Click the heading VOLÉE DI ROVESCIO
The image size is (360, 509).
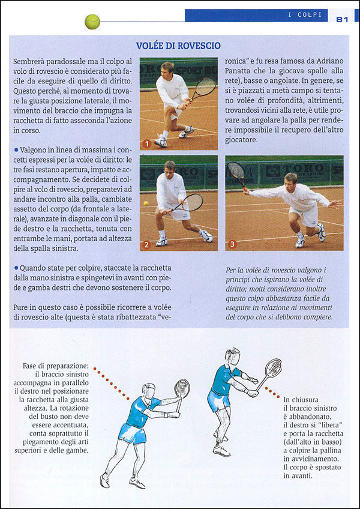(178, 46)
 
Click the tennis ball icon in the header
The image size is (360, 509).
(92, 22)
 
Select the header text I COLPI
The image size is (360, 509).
(305, 15)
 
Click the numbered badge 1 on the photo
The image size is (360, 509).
(146, 143)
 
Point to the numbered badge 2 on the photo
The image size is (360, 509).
(146, 244)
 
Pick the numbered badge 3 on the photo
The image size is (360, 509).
(233, 244)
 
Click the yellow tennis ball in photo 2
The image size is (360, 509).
(146, 203)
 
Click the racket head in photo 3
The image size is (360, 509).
(236, 172)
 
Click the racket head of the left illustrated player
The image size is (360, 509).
(182, 388)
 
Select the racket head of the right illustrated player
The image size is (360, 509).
(273, 367)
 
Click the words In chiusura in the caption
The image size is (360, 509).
(306, 399)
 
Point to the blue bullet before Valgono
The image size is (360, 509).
(16, 148)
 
